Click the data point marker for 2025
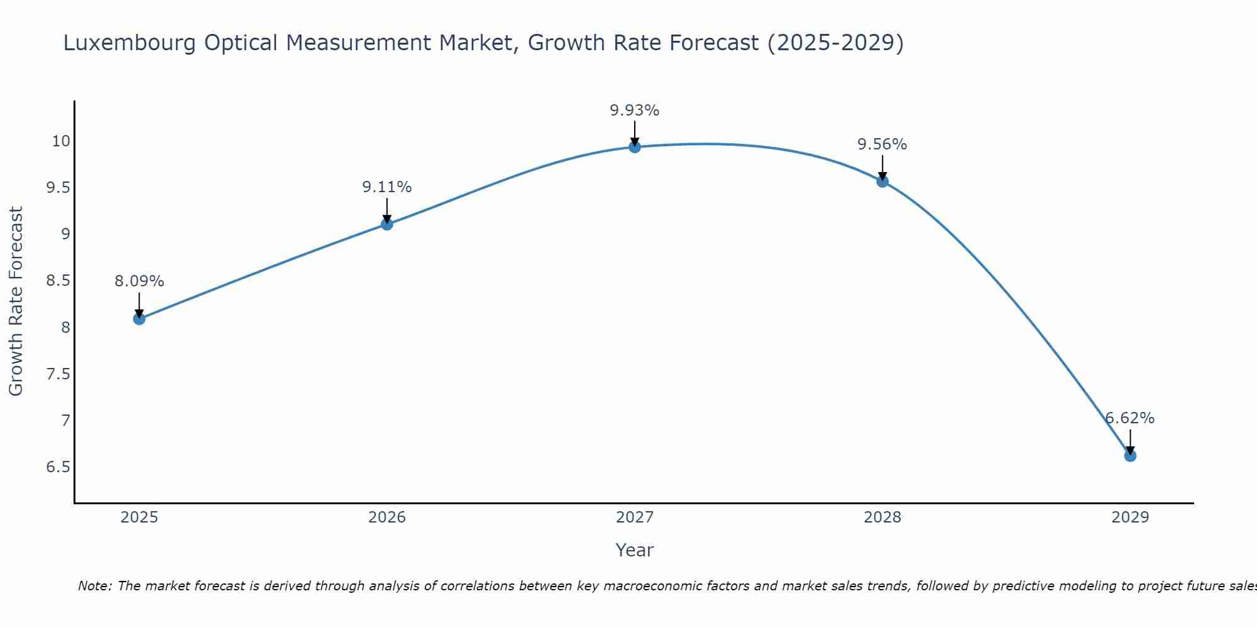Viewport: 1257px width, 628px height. pyautogui.click(x=139, y=319)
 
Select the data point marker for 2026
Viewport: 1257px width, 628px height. pyautogui.click(x=387, y=224)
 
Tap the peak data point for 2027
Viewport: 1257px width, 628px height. pyautogui.click(x=635, y=147)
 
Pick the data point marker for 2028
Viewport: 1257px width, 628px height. pyautogui.click(x=882, y=181)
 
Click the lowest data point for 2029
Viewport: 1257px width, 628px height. pyautogui.click(x=1130, y=455)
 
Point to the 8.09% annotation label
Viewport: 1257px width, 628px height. pyautogui.click(x=139, y=281)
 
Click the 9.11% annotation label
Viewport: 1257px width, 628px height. pyautogui.click(x=387, y=187)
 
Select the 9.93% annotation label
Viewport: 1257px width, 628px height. pyautogui.click(x=635, y=111)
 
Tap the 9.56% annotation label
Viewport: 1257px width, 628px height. pyautogui.click(x=882, y=144)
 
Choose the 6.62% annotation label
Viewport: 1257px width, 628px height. pyautogui.click(x=1130, y=418)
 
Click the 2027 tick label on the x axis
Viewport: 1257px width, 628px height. pyautogui.click(x=635, y=517)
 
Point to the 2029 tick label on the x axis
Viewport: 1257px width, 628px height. pyautogui.click(x=1130, y=517)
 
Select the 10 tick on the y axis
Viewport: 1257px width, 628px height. pyautogui.click(x=61, y=141)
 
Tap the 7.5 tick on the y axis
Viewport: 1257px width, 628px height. pyautogui.click(x=58, y=374)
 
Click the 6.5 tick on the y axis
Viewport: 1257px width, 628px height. pyautogui.click(x=58, y=467)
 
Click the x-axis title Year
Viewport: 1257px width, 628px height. pyautogui.click(x=635, y=550)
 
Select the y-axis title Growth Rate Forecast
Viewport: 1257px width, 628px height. pyautogui.click(x=16, y=301)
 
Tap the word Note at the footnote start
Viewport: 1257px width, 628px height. pyautogui.click(x=95, y=586)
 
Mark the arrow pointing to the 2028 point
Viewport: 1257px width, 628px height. pyautogui.click(x=882, y=168)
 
